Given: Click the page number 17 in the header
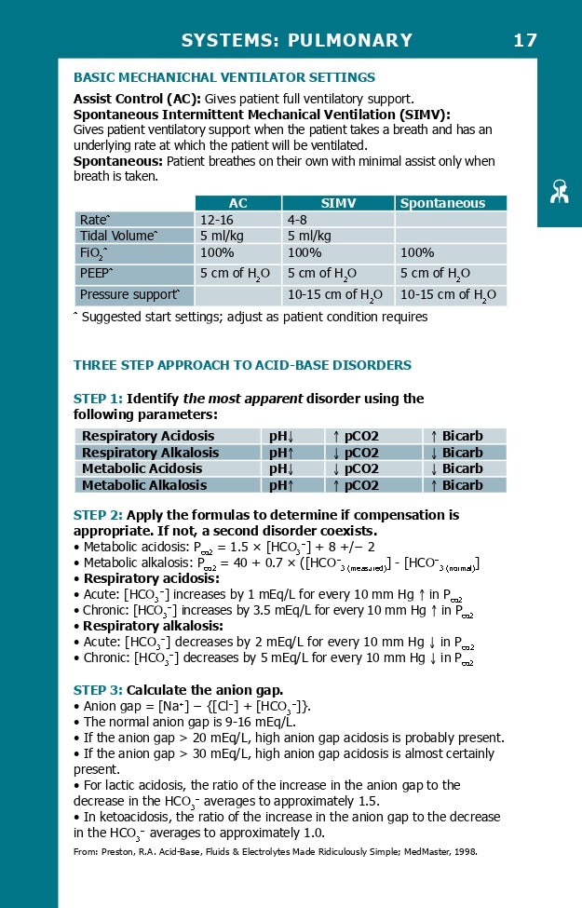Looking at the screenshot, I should pos(524,40).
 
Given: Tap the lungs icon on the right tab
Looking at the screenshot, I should pos(559,192).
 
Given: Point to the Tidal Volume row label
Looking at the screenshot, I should pos(118,236).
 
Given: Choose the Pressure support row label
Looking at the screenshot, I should pos(130,294).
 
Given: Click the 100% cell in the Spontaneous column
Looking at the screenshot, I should pos(417,252).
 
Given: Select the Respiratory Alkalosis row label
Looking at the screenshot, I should pos(150,453).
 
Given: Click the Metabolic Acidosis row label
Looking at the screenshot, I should pos(142,468).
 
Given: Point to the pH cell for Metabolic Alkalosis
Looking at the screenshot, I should pos(281,485).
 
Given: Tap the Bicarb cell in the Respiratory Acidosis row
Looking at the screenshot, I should pos(456,436).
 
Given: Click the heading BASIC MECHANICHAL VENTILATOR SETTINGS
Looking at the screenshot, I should pos(223,77).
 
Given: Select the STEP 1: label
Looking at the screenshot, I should pos(98,399).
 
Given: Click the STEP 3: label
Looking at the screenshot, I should pos(98,690).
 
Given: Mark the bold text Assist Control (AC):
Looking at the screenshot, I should pos(137,99).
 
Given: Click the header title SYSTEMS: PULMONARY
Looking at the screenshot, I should pos(296,40).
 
